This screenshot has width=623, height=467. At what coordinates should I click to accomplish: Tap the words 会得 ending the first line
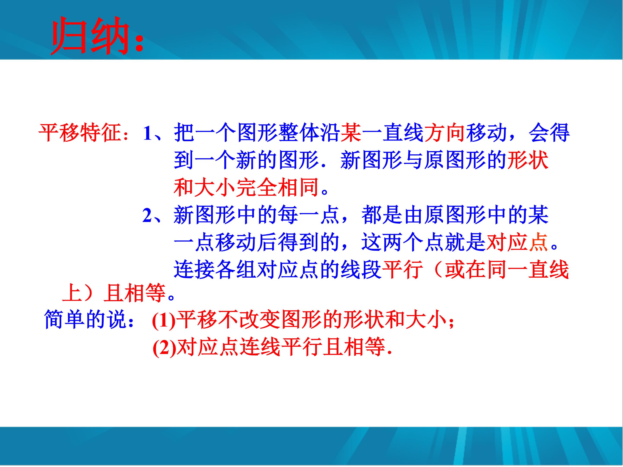(549, 133)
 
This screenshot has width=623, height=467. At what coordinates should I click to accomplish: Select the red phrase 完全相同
(277, 187)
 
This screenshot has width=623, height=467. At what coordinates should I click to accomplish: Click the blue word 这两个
(393, 242)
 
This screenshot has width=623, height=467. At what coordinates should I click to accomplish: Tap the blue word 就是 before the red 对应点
(465, 242)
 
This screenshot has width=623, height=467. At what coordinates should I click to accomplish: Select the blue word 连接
(194, 269)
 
